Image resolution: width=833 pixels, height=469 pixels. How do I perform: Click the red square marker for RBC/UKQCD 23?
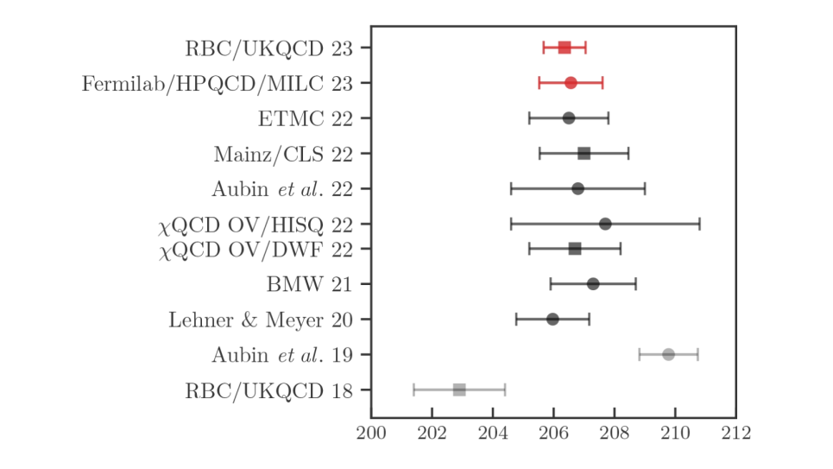565,48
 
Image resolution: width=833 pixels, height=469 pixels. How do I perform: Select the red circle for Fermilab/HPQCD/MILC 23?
571,83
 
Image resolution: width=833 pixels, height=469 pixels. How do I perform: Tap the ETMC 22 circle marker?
569,117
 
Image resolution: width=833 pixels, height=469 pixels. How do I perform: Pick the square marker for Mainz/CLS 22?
584,154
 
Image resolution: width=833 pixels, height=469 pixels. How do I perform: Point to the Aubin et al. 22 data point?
578,188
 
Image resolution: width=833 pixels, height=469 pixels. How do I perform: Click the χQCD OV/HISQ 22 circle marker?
605,224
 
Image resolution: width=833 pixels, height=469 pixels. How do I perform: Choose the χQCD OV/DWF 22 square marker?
575,249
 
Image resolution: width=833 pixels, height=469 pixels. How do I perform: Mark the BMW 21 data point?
593,283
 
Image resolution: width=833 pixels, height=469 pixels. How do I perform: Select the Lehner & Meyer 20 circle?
552,319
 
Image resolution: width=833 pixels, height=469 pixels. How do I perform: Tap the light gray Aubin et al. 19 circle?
668,354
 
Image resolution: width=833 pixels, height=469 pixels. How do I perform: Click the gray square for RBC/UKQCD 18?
459,390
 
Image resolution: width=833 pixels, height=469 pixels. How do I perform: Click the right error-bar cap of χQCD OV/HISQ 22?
699,224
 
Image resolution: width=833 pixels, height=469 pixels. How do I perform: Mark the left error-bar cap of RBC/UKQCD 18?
414,390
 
